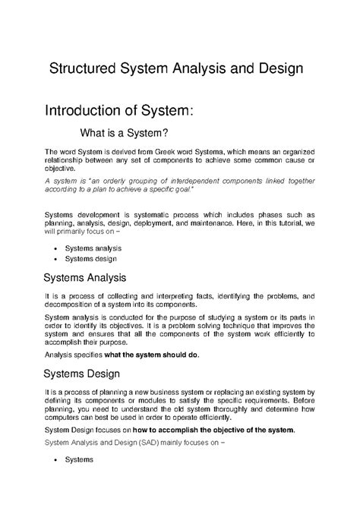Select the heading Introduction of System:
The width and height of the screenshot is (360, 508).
coord(121,111)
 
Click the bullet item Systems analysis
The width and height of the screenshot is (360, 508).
coord(93,248)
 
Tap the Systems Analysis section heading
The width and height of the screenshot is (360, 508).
coord(90,277)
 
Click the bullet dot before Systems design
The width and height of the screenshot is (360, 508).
coord(58,260)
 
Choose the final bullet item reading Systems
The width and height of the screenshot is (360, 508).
coord(79,460)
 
